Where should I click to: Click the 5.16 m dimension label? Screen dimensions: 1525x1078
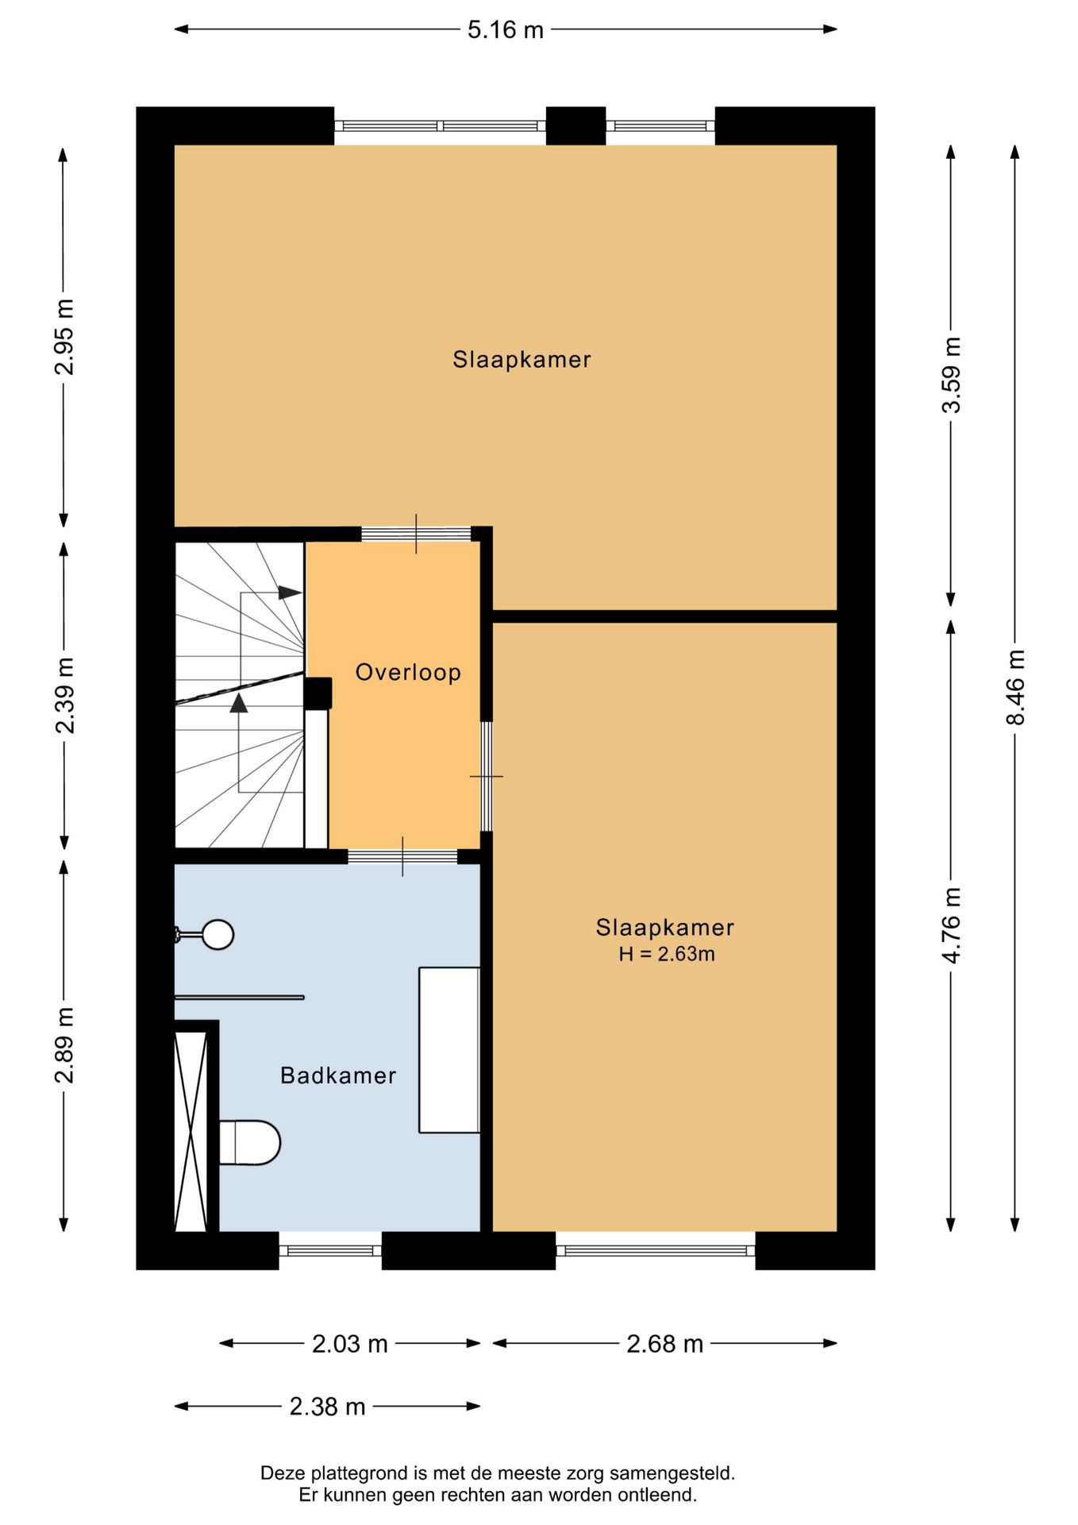[x=505, y=30]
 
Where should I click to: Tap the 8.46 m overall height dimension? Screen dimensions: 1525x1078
[x=1015, y=687]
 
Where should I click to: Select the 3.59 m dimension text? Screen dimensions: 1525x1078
[x=951, y=374]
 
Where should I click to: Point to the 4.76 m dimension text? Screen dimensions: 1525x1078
[x=951, y=925]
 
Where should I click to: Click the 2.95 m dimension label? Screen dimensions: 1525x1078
[x=64, y=337]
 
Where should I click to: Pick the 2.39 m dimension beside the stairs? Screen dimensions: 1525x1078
[x=64, y=695]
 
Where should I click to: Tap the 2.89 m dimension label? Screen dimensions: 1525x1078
[x=64, y=1045]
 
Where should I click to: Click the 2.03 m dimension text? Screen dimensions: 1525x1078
[x=349, y=1344]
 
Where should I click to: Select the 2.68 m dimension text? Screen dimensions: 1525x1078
[x=664, y=1344]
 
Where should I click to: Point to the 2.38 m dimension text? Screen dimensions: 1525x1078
[x=327, y=1407]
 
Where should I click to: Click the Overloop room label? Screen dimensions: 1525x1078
[x=408, y=673]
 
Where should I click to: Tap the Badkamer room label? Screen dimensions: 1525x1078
[x=338, y=1075]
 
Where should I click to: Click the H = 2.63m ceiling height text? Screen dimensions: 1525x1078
[x=667, y=954]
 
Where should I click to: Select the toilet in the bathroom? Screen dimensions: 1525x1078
[x=250, y=1142]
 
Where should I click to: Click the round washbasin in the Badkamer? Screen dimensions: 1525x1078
[x=216, y=935]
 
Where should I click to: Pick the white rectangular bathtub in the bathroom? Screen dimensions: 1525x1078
[x=449, y=1049]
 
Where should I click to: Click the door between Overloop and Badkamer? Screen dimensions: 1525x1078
[x=402, y=856]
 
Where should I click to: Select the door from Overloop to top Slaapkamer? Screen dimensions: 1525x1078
[x=416, y=534]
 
